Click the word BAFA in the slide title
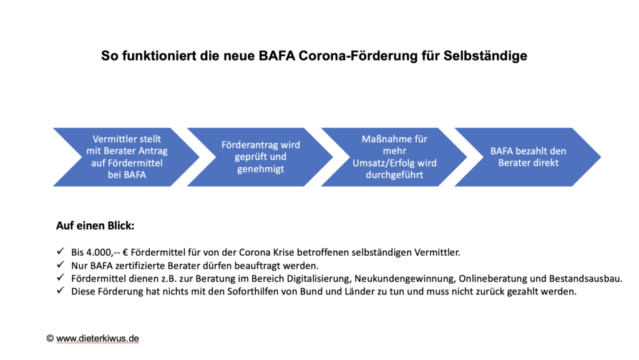coord(276,56)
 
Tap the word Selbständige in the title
coord(485,56)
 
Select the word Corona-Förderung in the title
coord(358,56)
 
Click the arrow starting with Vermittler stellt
coord(126,157)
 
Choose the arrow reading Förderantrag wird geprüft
coord(260,157)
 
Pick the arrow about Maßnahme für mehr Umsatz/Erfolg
coord(394,157)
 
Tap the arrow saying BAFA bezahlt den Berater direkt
coord(528,157)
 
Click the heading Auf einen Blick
coord(95,226)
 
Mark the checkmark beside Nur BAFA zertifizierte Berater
coord(61,265)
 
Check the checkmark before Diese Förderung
coord(61,290)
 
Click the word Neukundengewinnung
coord(404,279)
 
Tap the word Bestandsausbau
coord(585,278)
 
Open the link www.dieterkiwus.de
coord(97,338)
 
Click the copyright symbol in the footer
coord(50,338)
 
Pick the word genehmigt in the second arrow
coord(260,169)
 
